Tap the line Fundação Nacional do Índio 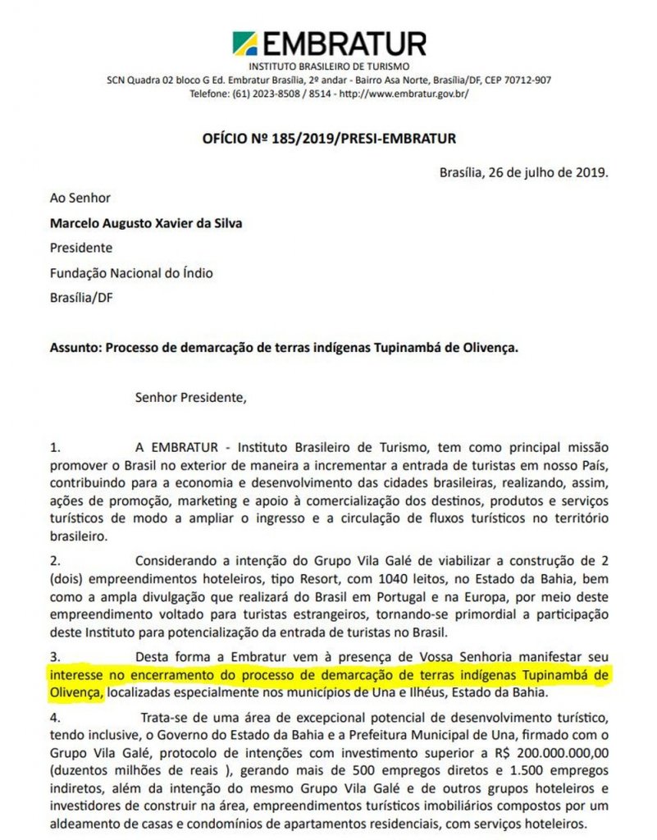[x=125, y=272]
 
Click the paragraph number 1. [x=55, y=449]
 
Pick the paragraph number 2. [x=55, y=562]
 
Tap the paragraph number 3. [x=55, y=656]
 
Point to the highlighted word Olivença [x=76, y=691]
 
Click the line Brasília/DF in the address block [x=81, y=297]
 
